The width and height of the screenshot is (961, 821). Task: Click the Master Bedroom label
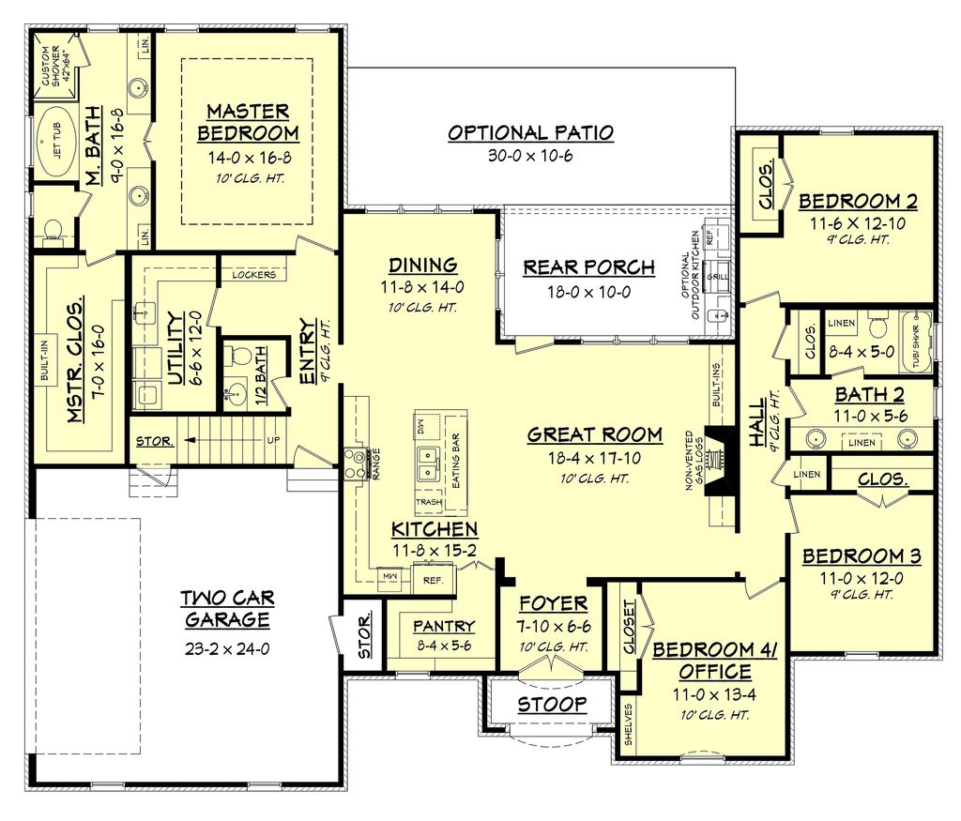pyautogui.click(x=248, y=122)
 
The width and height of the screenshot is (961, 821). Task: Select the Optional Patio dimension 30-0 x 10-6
pyautogui.click(x=530, y=156)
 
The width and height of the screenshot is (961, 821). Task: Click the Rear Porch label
pyautogui.click(x=588, y=267)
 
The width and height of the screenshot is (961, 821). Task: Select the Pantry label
pyautogui.click(x=443, y=626)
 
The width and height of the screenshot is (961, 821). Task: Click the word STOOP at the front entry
pyautogui.click(x=552, y=704)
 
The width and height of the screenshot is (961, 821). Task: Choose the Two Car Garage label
pyautogui.click(x=226, y=609)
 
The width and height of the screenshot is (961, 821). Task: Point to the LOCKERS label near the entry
pyautogui.click(x=252, y=275)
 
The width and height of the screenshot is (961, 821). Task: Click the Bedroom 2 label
pyautogui.click(x=858, y=201)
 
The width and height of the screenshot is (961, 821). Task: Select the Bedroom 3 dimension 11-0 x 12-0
pyautogui.click(x=861, y=578)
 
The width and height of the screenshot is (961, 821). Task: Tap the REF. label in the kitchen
pyautogui.click(x=433, y=581)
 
